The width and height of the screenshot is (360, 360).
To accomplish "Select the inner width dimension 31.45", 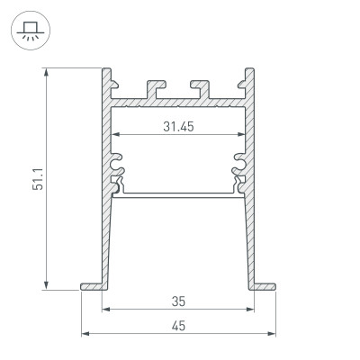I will (180, 126).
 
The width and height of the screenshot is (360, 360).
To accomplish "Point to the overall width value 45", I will (180, 326).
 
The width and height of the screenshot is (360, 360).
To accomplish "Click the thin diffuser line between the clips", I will (180, 193).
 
